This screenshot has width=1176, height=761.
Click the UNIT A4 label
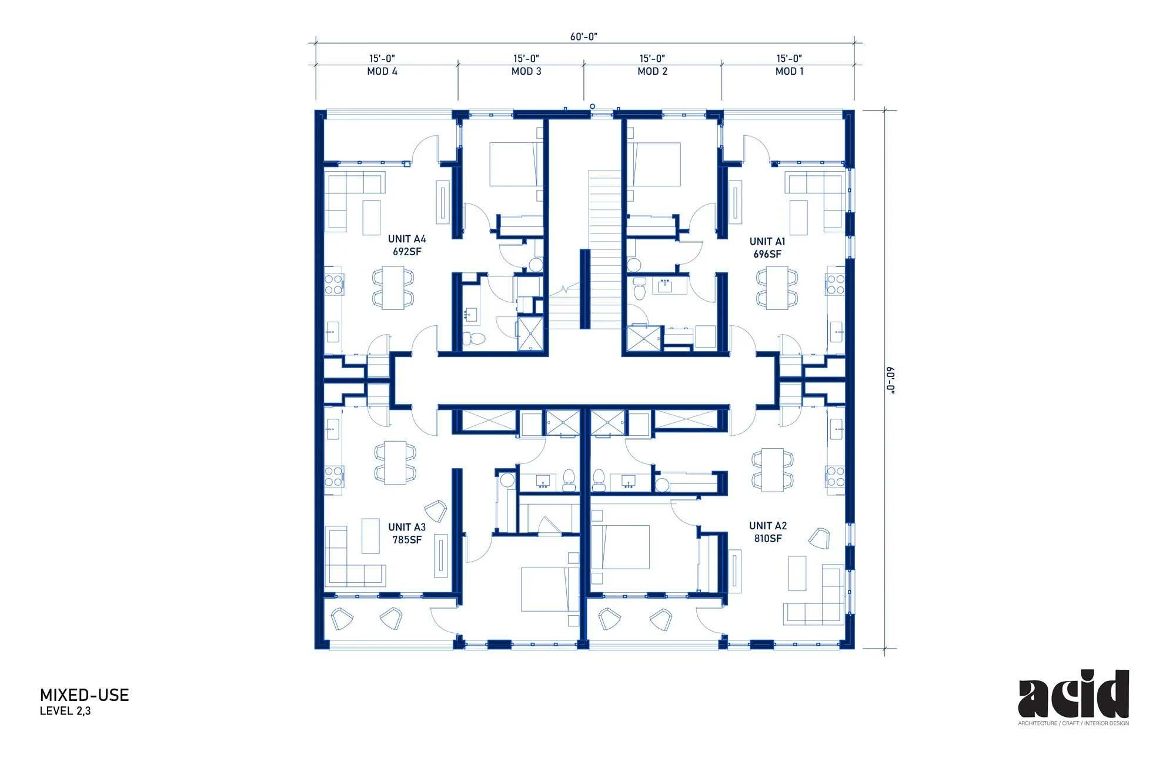point(407,239)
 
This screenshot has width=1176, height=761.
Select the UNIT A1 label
point(767,242)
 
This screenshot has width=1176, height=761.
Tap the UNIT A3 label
point(407,528)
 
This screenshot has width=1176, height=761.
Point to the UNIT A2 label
point(768,526)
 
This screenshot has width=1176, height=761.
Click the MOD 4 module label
point(382,71)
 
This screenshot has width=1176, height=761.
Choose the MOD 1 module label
point(790,71)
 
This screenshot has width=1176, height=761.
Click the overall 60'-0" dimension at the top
point(584,36)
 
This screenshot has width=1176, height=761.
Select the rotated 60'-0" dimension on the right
point(891,380)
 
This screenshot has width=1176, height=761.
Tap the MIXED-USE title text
point(84,695)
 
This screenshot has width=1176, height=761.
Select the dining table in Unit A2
point(772,470)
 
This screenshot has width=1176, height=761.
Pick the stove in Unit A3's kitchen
point(333,476)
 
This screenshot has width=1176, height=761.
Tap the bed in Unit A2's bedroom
point(620,547)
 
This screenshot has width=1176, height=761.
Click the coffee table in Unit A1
point(798,218)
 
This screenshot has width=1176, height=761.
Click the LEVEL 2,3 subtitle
point(65,711)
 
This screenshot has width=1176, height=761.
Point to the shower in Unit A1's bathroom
point(643,338)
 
